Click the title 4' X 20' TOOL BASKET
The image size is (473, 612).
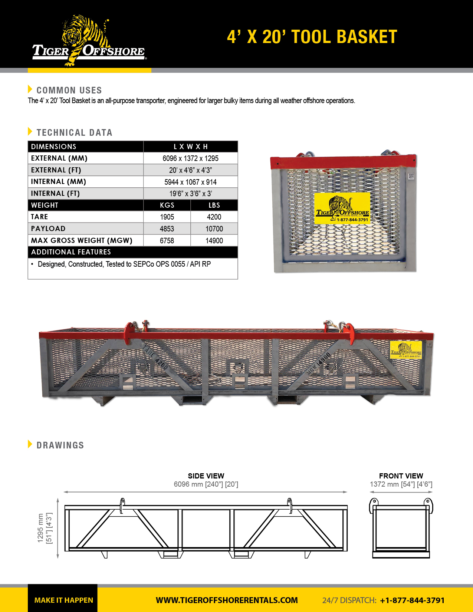[x=312, y=37]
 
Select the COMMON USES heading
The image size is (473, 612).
[x=69, y=90]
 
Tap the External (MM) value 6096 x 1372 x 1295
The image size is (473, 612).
[x=190, y=158]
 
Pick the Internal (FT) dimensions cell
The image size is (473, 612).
[x=190, y=194]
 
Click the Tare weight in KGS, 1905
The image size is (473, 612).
[x=167, y=217]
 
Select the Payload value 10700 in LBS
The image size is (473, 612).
[x=214, y=229]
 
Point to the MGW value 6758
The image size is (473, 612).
[x=167, y=241]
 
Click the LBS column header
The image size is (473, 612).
[x=214, y=205]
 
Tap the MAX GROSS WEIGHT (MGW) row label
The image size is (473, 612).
[x=82, y=241]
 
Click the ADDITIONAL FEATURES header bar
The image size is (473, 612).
[x=132, y=252]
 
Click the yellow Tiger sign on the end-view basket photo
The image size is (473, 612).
[x=342, y=208]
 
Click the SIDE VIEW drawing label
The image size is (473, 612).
[x=206, y=476]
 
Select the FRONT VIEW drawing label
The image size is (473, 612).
[x=401, y=476]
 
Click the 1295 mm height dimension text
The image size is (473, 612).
[x=40, y=528]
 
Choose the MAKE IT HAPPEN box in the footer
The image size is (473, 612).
[x=63, y=600]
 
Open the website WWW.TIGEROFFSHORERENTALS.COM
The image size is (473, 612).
[x=227, y=600]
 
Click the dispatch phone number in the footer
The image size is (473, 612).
[x=412, y=600]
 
